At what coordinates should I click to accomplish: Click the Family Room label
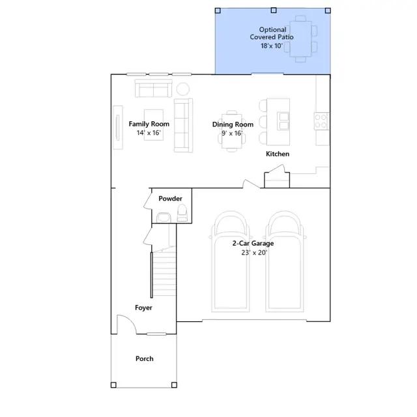[x=149, y=124]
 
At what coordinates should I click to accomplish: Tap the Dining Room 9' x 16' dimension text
[x=232, y=133]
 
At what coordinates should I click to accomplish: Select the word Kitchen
[x=278, y=154]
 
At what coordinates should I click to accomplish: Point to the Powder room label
[x=170, y=198]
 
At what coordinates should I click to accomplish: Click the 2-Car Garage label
[x=253, y=243]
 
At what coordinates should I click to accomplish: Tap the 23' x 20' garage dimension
[x=254, y=253]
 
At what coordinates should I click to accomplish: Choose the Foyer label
[x=143, y=308]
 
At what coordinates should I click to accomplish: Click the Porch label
[x=145, y=358]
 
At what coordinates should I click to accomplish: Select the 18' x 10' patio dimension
[x=272, y=46]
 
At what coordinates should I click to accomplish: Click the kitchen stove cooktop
[x=321, y=121]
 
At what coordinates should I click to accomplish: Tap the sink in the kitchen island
[x=283, y=121]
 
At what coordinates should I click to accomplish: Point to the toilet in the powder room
[x=182, y=213]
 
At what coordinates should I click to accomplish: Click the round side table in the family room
[x=183, y=89]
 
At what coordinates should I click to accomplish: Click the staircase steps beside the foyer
[x=165, y=274]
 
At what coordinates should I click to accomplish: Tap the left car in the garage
[x=231, y=262]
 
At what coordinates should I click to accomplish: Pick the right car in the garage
[x=285, y=262]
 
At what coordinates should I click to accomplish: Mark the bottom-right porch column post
[x=174, y=385]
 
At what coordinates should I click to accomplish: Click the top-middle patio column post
[x=274, y=10]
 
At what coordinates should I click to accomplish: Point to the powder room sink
[x=164, y=217]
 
